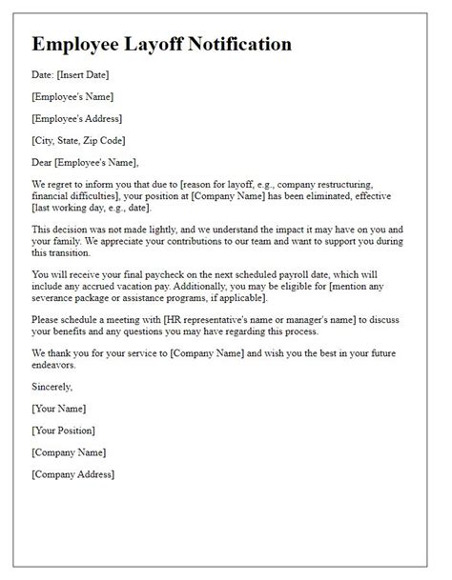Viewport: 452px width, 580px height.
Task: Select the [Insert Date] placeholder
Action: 95,76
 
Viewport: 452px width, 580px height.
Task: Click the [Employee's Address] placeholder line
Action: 76,119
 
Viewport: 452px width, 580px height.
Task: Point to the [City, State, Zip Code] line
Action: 83,140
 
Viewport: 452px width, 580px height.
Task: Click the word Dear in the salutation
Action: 44,162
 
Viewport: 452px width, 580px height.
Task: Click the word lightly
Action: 178,230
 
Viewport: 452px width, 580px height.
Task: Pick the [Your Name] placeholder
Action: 59,410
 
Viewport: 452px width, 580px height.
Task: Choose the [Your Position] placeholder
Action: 65,430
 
